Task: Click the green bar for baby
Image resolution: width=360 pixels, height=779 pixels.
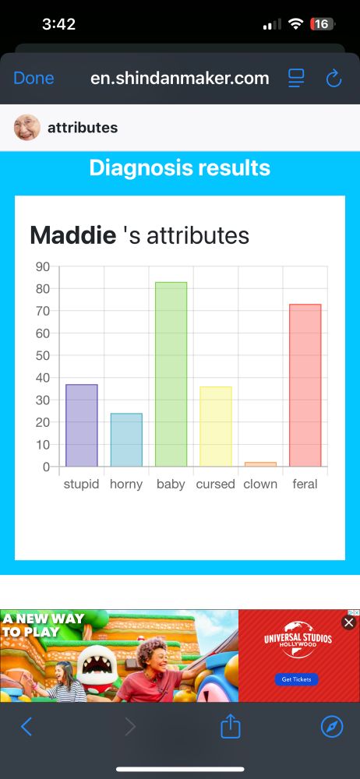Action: (171, 374)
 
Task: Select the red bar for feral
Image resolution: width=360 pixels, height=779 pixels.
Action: (305, 385)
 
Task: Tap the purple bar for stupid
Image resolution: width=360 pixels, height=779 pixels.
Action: (82, 425)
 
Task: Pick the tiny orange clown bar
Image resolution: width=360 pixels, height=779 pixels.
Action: (260, 464)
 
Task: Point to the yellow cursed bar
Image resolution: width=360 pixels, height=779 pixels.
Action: (216, 426)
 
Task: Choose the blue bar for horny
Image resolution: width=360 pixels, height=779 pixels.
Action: (126, 440)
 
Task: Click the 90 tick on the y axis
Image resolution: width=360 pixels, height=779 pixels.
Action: (42, 266)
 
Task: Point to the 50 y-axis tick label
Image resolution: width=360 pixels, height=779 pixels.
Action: (42, 356)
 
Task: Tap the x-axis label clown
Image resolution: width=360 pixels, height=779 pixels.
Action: (260, 484)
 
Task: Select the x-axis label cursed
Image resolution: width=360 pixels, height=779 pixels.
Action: (216, 484)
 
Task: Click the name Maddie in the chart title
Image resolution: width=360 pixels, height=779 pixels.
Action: (72, 234)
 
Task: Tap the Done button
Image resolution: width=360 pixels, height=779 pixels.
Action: (34, 78)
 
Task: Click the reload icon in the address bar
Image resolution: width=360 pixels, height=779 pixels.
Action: (334, 78)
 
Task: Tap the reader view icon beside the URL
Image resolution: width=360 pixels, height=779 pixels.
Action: (296, 78)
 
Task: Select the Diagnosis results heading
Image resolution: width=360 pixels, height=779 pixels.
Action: (180, 167)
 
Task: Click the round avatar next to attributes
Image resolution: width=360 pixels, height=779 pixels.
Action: (27, 127)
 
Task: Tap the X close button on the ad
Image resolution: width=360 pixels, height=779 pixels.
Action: (349, 622)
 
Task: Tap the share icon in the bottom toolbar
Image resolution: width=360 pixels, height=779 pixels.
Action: (231, 727)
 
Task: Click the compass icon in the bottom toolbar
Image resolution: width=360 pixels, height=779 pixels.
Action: (332, 727)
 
